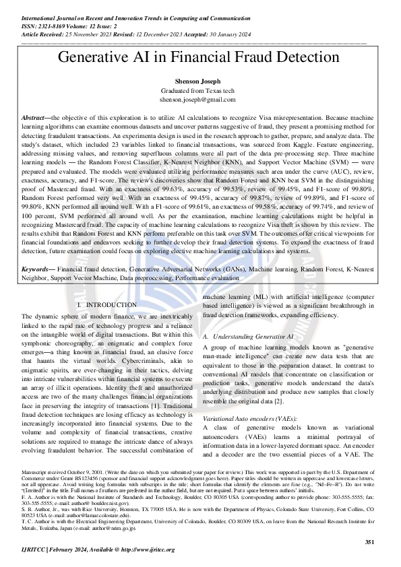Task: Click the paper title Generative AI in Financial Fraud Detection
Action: (x=200, y=57)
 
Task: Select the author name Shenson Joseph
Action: (x=200, y=81)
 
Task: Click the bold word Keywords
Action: (x=38, y=250)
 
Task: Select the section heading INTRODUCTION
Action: (x=111, y=305)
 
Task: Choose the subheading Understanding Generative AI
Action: (x=253, y=335)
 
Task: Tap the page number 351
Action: (x=369, y=541)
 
